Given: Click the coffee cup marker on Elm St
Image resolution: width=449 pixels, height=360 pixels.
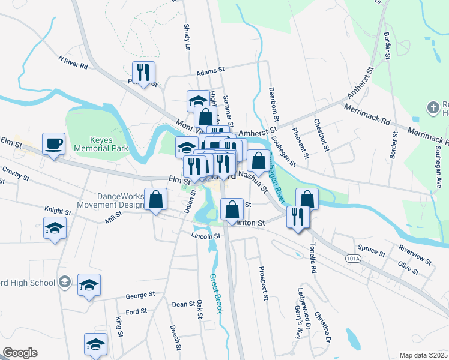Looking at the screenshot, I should click(x=53, y=144).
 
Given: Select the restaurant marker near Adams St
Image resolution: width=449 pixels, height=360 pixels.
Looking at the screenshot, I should click(x=143, y=73).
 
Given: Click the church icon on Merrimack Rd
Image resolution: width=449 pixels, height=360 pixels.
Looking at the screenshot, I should click(x=433, y=109).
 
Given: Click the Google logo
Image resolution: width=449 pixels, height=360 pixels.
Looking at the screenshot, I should click(x=20, y=353).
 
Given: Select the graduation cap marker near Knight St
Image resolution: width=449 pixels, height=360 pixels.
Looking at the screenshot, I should click(x=55, y=228).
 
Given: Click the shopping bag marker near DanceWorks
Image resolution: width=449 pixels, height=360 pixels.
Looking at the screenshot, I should click(x=156, y=200).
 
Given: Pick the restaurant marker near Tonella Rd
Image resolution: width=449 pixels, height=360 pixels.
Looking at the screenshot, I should click(x=298, y=217).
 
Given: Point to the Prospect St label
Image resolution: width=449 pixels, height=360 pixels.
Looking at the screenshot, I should click(x=263, y=283).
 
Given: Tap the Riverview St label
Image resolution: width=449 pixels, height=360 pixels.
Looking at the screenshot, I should click(x=414, y=253).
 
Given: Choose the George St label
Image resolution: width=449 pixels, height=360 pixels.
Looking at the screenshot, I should click(x=140, y=295).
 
